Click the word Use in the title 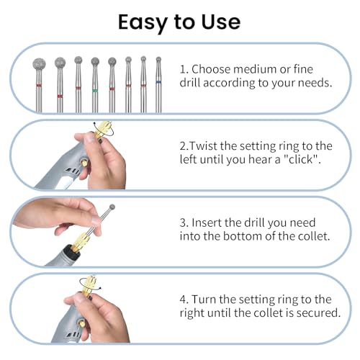click(x=221, y=22)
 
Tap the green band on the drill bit click(x=95, y=91)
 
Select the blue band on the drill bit click(x=158, y=82)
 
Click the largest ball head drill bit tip click(x=39, y=65)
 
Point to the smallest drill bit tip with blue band click(x=158, y=59)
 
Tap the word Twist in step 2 click(x=204, y=146)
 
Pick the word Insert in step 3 click(x=207, y=222)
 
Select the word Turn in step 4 click(x=204, y=300)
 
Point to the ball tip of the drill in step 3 click(x=112, y=207)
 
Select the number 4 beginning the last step click(x=183, y=300)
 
